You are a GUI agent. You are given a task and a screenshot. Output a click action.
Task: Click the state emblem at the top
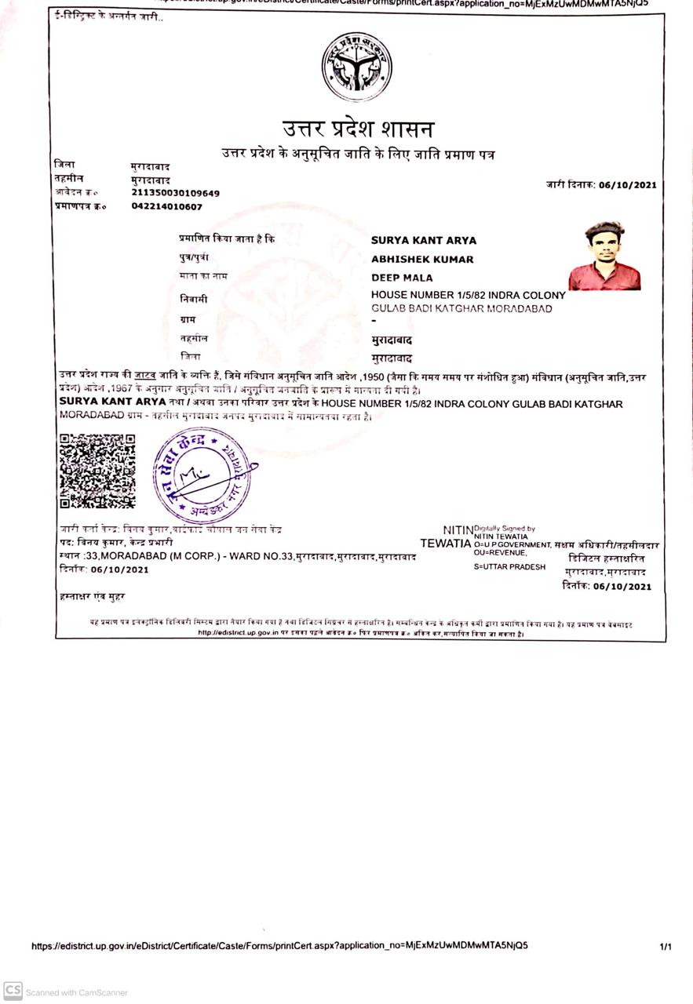[x=356, y=67]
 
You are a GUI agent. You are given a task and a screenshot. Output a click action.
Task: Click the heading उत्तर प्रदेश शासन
[x=358, y=128]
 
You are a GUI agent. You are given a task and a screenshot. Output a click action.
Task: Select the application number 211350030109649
[x=175, y=193]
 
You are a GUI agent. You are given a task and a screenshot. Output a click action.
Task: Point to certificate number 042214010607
[x=166, y=206]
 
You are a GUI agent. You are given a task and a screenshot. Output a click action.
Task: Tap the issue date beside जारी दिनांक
[x=627, y=186]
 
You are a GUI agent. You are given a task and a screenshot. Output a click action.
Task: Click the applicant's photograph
[x=604, y=256]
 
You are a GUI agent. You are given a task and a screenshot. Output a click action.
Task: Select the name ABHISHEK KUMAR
[x=422, y=260]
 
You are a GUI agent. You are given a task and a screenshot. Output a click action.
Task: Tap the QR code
[x=97, y=471]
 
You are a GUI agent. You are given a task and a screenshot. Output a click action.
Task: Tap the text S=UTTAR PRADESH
[x=509, y=566]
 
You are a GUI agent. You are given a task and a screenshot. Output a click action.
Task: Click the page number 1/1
[x=666, y=947]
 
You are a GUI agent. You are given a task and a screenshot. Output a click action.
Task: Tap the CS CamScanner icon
[x=13, y=992]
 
